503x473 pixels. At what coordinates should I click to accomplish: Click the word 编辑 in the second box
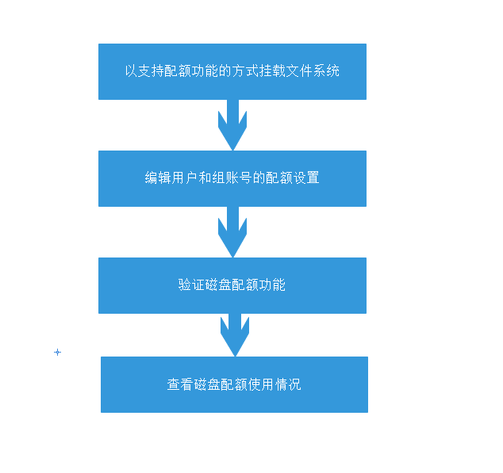tap(158, 178)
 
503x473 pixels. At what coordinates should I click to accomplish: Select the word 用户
tap(185, 178)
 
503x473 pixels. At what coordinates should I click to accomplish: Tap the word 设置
tap(305, 178)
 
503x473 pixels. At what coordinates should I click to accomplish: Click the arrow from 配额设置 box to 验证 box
tap(232, 232)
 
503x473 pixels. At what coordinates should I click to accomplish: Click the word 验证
tap(191, 285)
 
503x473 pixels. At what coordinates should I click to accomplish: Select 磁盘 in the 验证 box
tap(218, 285)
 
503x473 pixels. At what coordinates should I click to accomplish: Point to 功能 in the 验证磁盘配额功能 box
tap(272, 285)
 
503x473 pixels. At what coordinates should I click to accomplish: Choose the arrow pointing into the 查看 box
tap(234, 335)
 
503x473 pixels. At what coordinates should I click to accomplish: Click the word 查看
tap(180, 385)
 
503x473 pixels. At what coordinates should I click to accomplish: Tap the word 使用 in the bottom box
tap(260, 385)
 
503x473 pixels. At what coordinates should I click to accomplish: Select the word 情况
tap(287, 385)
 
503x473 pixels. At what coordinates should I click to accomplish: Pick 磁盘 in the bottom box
tap(207, 385)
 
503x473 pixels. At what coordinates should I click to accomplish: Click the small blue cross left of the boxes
tap(57, 352)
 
